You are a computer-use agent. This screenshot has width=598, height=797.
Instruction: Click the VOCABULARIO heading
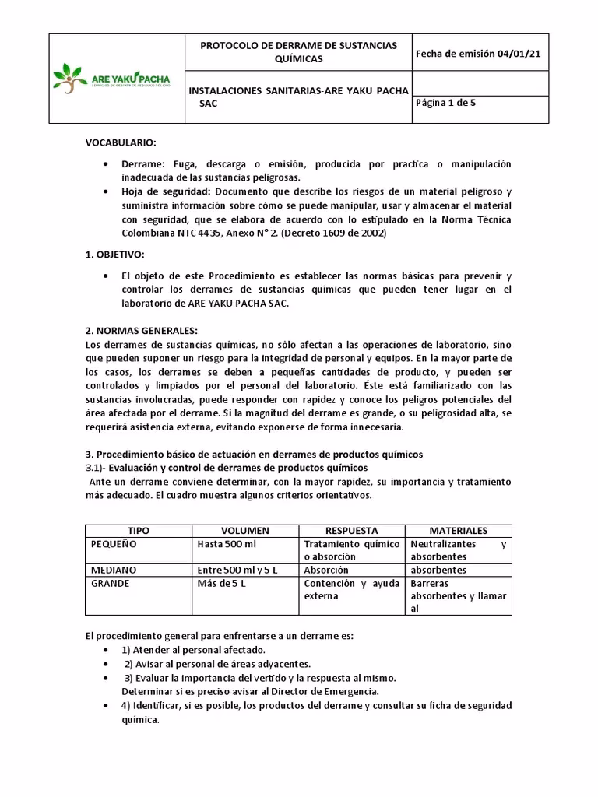pos(121,142)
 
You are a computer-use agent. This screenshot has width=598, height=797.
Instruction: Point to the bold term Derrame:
pos(142,164)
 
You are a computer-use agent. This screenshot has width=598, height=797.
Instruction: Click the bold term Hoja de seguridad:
pos(166,191)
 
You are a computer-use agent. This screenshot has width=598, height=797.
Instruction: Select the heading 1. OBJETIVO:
pos(115,255)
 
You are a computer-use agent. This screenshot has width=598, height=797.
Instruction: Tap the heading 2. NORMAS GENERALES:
pos(141,330)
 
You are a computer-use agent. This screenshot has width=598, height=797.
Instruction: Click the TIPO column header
pos(138,530)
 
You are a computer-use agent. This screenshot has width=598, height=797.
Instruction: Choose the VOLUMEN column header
pos(245,530)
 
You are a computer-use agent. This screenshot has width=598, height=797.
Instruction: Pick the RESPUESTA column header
pos(352,530)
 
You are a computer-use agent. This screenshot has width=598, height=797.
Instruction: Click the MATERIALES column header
pos(459,530)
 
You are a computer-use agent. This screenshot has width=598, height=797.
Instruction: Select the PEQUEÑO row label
pos(114,544)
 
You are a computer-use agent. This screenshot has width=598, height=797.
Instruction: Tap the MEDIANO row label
pos(113,570)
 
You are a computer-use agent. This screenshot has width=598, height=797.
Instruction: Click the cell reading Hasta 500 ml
pos(227,544)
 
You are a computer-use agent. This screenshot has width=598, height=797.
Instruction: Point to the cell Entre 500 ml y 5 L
pos(237,570)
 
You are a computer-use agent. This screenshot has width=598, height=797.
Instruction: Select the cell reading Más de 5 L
pos(222,583)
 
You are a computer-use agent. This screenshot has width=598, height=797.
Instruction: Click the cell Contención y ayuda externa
pos(351,589)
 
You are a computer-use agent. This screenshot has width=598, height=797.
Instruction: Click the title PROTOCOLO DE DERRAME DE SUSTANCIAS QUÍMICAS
pos(298,53)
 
